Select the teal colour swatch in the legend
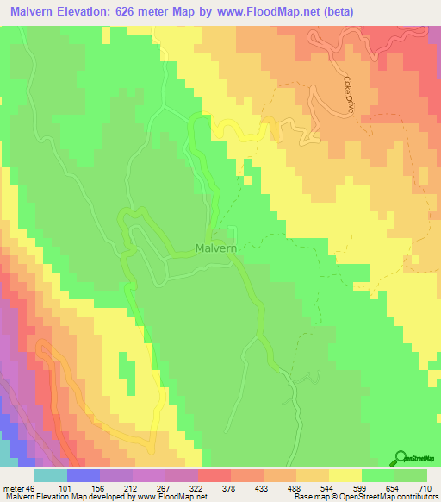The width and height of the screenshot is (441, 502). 51,475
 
